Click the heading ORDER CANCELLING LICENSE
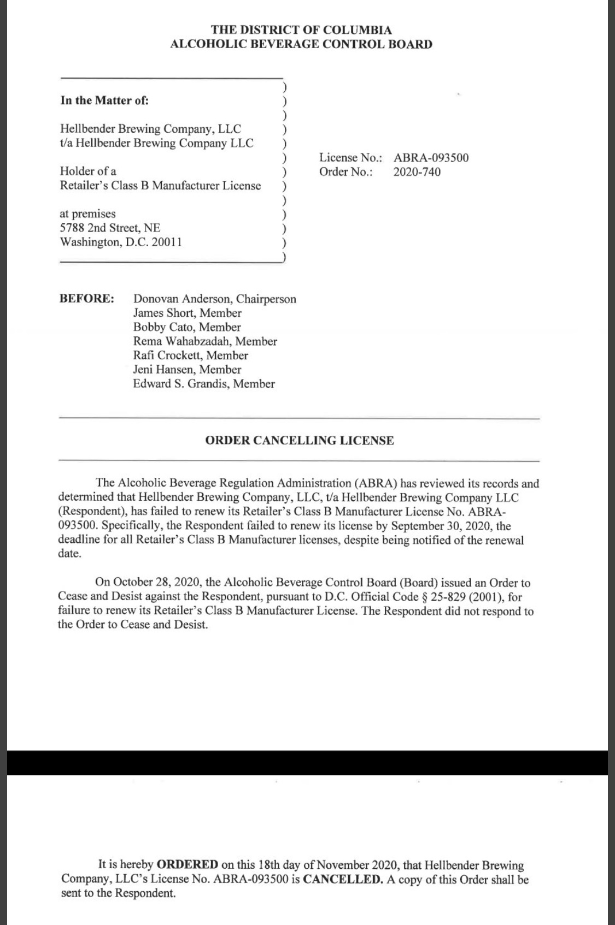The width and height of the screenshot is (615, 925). click(299, 441)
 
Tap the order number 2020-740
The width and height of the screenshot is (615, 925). click(417, 172)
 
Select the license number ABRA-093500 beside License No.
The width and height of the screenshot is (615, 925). click(431, 158)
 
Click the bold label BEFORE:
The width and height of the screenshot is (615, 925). click(86, 299)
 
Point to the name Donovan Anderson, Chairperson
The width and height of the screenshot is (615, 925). click(214, 299)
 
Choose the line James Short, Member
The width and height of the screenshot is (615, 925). click(187, 313)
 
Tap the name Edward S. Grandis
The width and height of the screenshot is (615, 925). click(181, 384)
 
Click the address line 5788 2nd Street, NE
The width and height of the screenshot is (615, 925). click(110, 228)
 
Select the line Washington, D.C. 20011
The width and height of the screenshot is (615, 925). click(121, 242)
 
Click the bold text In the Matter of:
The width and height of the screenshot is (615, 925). click(104, 100)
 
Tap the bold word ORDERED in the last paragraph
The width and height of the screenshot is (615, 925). click(188, 865)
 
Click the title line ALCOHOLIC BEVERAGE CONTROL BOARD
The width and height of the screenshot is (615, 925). click(301, 44)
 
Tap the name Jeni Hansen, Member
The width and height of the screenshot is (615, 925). click(187, 370)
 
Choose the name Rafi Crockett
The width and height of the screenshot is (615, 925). click(168, 355)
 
